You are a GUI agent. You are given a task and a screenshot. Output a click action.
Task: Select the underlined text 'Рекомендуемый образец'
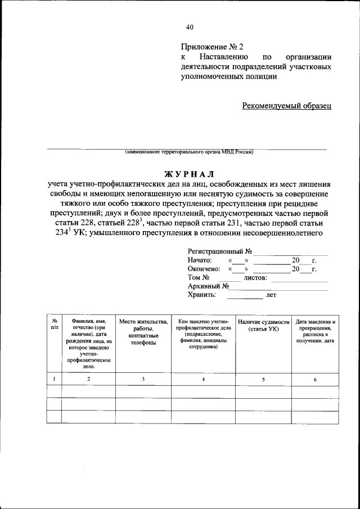(287, 105)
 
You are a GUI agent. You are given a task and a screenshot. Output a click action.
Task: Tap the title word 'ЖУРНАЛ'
(189, 173)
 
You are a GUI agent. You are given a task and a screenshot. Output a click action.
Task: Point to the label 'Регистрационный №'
(219, 251)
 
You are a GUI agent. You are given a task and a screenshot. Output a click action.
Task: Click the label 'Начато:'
(200, 260)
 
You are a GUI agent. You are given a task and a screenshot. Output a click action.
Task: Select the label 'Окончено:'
(204, 269)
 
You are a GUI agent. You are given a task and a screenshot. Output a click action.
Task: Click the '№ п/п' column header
(54, 323)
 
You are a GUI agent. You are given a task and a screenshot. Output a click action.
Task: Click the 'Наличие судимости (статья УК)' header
(263, 325)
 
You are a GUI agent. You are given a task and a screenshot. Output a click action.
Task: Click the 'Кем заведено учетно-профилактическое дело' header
(203, 334)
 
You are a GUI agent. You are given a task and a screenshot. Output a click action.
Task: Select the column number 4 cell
(203, 379)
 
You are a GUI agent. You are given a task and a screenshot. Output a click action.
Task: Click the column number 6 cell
(315, 379)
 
